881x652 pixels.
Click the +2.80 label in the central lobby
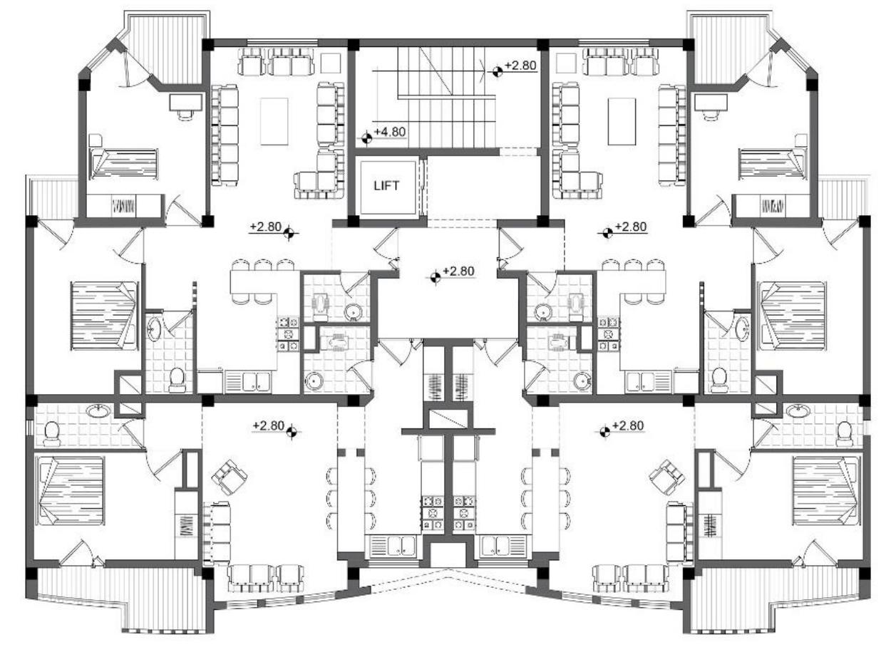[x=458, y=271]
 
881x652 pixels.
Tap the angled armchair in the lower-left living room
[x=230, y=475]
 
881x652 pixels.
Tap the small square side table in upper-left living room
[x=330, y=63]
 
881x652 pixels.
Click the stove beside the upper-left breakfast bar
[x=287, y=333]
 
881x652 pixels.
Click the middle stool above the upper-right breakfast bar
[x=632, y=266]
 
